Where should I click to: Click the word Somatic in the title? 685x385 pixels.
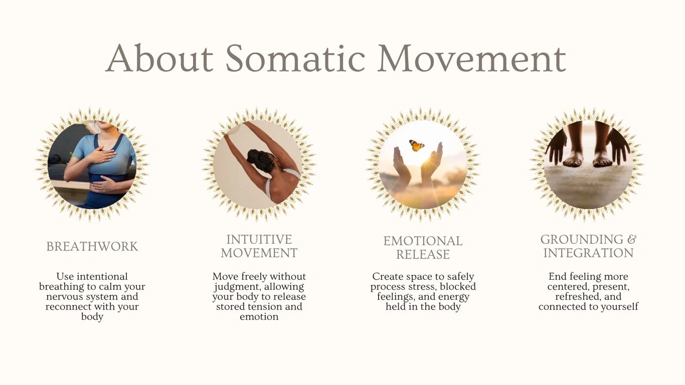[295, 58]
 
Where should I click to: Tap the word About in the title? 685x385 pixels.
[159, 58]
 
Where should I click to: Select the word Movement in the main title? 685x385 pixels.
[471, 58]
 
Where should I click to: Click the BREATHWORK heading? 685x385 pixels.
[92, 247]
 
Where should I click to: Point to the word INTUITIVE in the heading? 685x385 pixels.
[259, 240]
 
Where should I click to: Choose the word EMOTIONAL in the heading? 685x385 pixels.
[423, 241]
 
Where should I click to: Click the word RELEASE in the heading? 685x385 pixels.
[423, 255]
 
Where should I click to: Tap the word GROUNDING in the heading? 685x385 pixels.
[582, 240]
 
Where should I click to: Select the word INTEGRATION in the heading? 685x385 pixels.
[588, 253]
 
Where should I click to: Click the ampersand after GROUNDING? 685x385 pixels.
[632, 240]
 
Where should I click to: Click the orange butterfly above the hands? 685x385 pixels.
[417, 145]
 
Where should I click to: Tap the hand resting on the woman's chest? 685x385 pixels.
[101, 155]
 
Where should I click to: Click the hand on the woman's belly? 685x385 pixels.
[104, 184]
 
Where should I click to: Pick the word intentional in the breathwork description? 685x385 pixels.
[102, 276]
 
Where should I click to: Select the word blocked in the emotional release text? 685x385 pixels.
[458, 287]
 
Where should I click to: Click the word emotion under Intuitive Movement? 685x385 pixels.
[259, 317]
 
